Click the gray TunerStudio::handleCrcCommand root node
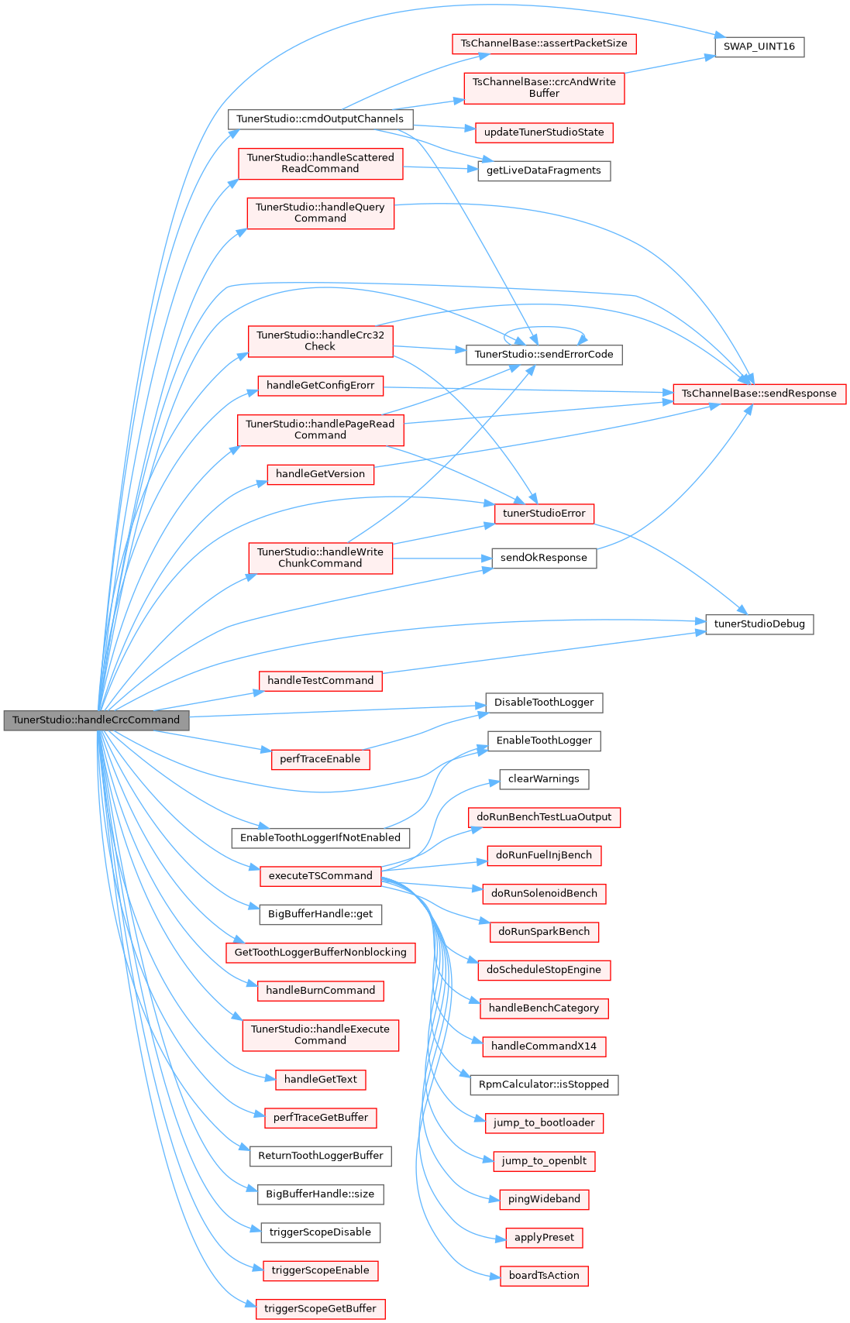pyautogui.click(x=96, y=720)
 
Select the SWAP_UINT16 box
pyautogui.click(x=759, y=46)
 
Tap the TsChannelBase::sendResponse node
pyautogui.click(x=759, y=393)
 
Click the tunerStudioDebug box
pyautogui.click(x=759, y=624)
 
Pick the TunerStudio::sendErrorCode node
pyautogui.click(x=544, y=355)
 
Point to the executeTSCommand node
pyautogui.click(x=320, y=876)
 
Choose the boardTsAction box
pyautogui.click(x=544, y=1276)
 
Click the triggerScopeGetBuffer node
pyautogui.click(x=320, y=1309)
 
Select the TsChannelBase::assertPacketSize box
pyautogui.click(x=544, y=43)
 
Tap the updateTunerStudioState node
pyautogui.click(x=544, y=132)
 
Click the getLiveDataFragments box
pyautogui.click(x=544, y=170)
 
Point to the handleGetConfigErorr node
pyautogui.click(x=320, y=386)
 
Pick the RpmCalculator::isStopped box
pyautogui.click(x=544, y=1084)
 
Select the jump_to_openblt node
pyautogui.click(x=544, y=1161)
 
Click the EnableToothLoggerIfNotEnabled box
pyautogui.click(x=320, y=837)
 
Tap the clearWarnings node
pyautogui.click(x=544, y=779)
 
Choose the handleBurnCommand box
pyautogui.click(x=320, y=991)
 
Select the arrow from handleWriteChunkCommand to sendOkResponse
pyautogui.click(x=442, y=558)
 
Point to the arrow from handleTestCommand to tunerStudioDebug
pyautogui.click(x=544, y=652)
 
